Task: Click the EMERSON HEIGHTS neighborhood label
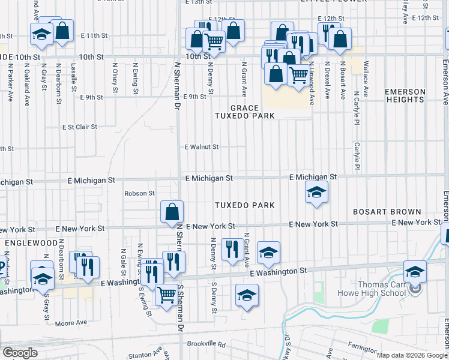[x=405, y=96]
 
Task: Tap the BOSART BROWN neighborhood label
[x=387, y=212]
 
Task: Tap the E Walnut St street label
[x=202, y=146]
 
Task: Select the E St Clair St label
[x=80, y=127]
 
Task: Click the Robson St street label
[x=139, y=193]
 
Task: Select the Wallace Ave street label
[x=366, y=73]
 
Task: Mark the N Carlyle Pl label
[x=357, y=107]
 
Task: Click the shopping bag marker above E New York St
[x=172, y=212]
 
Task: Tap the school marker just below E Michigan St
[x=316, y=193]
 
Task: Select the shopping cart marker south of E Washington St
[x=166, y=294]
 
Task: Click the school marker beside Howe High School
[x=415, y=272]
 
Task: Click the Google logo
[x=19, y=353]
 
